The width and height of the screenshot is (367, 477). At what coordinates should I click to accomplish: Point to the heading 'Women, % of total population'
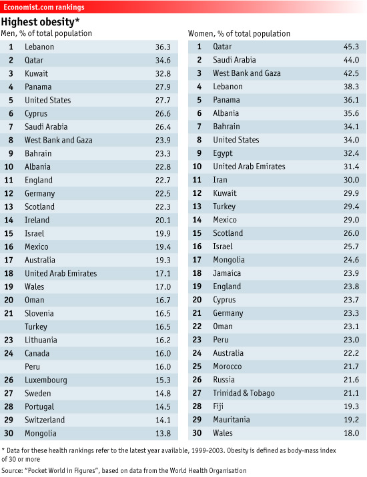coord(239,33)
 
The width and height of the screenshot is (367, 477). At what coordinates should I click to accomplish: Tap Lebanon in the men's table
coord(39,47)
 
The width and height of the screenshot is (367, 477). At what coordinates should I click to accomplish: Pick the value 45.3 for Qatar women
coord(350,47)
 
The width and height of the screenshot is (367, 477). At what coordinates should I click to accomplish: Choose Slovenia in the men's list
coord(39,313)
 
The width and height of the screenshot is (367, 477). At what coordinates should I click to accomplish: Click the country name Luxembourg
coord(45,380)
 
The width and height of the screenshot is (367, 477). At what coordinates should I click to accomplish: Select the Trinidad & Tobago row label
coord(244,393)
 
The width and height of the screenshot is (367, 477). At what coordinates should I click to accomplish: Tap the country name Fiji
coord(218,406)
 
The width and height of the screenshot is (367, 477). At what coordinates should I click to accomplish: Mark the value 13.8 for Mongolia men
coord(162,433)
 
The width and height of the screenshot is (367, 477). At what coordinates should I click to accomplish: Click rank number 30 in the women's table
coord(197,433)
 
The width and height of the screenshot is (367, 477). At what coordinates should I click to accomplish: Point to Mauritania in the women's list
coord(232,420)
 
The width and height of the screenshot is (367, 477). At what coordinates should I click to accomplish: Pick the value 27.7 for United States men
coord(162,100)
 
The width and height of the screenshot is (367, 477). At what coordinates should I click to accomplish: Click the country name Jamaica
coord(227,273)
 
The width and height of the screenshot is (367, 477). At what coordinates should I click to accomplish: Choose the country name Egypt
coord(222,153)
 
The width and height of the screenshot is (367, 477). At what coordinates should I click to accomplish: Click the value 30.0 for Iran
coord(350,180)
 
